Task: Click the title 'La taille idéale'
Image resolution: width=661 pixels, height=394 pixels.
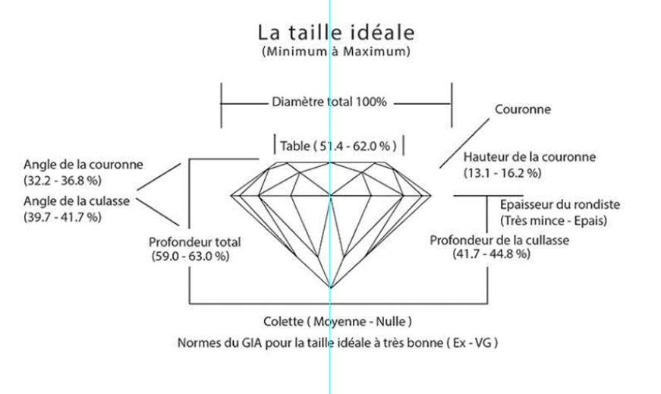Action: [x=336, y=33]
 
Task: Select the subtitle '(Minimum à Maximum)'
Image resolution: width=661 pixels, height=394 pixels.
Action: [x=336, y=52]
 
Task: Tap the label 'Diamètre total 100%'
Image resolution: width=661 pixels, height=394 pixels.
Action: [x=329, y=101]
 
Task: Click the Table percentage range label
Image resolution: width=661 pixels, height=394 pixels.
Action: [x=338, y=145]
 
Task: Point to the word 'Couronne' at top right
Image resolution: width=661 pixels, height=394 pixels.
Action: [x=523, y=109]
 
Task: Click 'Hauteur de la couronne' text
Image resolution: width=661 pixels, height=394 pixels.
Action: [x=529, y=157]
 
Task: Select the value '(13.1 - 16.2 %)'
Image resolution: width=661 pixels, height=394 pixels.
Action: [x=502, y=173]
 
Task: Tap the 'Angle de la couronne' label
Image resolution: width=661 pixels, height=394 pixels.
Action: [x=83, y=164]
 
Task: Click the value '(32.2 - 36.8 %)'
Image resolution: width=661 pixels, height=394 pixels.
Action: [x=63, y=181]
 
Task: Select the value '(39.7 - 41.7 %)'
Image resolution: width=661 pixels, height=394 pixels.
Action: [x=63, y=217]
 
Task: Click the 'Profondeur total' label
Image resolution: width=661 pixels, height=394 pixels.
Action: [x=196, y=243]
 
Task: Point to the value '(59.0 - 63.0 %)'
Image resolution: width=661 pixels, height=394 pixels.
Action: [x=190, y=257]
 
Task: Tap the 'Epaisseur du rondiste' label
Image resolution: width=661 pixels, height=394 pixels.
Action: [x=560, y=205]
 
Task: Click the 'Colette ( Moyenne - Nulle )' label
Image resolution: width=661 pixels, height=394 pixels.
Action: [x=338, y=321]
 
